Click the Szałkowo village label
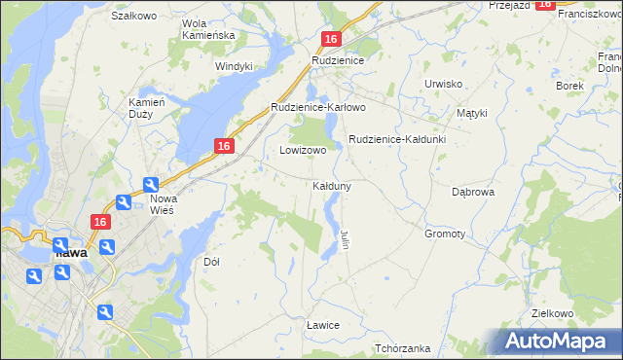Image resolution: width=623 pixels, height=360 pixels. [x=134, y=17]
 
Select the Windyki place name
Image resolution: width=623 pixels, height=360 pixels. [x=234, y=66]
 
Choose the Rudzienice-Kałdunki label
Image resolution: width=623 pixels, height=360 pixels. [x=397, y=139]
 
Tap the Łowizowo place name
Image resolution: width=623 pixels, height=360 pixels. [x=303, y=151]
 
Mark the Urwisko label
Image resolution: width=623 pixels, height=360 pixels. [x=443, y=84]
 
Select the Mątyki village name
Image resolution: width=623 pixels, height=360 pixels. [x=471, y=113]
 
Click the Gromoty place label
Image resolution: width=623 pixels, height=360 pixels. [x=445, y=234]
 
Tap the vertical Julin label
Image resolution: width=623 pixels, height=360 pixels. [x=345, y=239]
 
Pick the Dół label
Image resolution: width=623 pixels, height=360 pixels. [x=211, y=262]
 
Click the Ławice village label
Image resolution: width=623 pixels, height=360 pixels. [x=322, y=324]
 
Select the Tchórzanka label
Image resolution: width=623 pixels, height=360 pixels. [x=402, y=348]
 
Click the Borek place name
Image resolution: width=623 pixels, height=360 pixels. [x=569, y=86]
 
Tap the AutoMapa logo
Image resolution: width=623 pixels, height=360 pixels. [x=558, y=342]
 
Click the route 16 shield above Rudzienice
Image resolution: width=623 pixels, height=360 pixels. [x=332, y=39]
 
